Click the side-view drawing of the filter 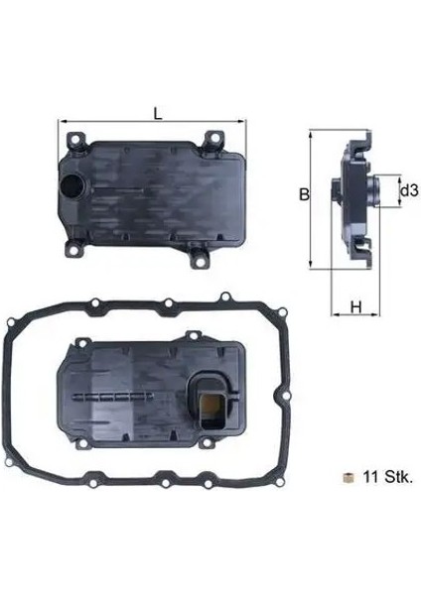pyautogui.click(x=355, y=198)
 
